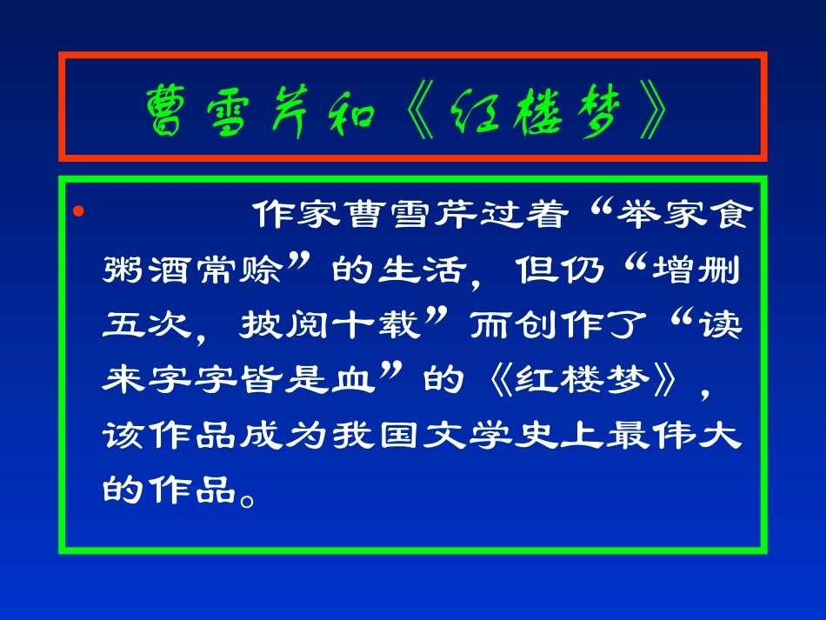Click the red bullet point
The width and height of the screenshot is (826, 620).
pos(79,212)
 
